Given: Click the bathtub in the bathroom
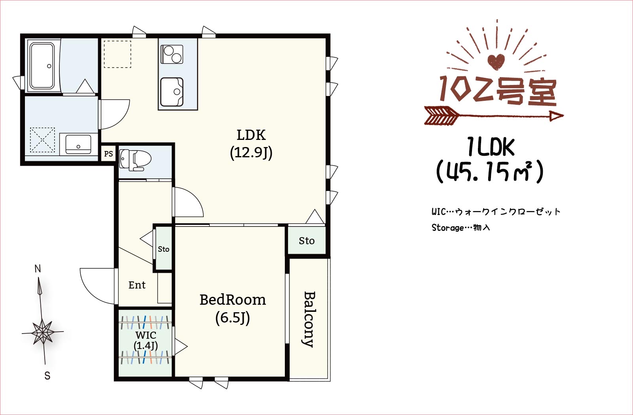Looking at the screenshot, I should (x=42, y=66).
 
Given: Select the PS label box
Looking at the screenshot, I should (x=108, y=154).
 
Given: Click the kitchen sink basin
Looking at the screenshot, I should (x=172, y=92).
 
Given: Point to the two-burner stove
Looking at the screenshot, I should (x=172, y=55).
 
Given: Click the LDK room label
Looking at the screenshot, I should (x=251, y=135).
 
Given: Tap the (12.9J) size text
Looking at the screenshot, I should (x=251, y=153).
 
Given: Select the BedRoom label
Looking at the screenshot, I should (x=232, y=300).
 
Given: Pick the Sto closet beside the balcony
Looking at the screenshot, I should (x=307, y=241).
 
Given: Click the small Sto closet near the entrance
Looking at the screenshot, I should (x=163, y=249).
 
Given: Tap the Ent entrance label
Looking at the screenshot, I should (x=137, y=285).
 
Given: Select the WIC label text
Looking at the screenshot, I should (x=146, y=335).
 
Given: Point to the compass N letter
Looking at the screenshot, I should (x=38, y=269).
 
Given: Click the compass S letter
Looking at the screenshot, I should (x=47, y=376).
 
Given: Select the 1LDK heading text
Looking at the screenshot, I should (x=491, y=147).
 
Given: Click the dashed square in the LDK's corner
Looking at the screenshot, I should (x=118, y=54).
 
